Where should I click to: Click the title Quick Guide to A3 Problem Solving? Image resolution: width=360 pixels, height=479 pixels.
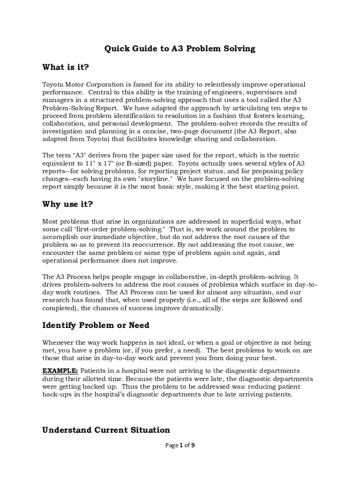[x=180, y=49]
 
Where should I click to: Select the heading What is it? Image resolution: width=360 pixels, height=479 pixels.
[x=65, y=67]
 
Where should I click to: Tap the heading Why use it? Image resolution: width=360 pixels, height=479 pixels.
[x=67, y=204]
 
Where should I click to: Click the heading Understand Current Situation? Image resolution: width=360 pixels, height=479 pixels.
[x=106, y=430]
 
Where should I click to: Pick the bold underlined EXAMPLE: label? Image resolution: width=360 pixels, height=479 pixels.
[x=60, y=371]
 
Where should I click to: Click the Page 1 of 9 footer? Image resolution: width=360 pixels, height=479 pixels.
[x=180, y=445]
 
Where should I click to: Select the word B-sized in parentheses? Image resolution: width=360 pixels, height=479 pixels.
[x=142, y=163]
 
